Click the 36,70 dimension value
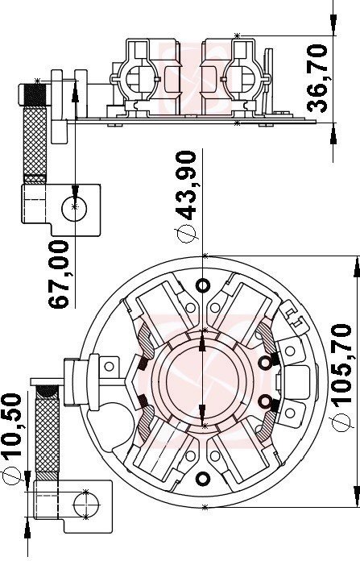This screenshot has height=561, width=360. click(319, 78)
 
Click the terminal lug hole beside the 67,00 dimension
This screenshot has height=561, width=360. click(74, 208)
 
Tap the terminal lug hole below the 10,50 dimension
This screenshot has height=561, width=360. click(84, 504)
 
